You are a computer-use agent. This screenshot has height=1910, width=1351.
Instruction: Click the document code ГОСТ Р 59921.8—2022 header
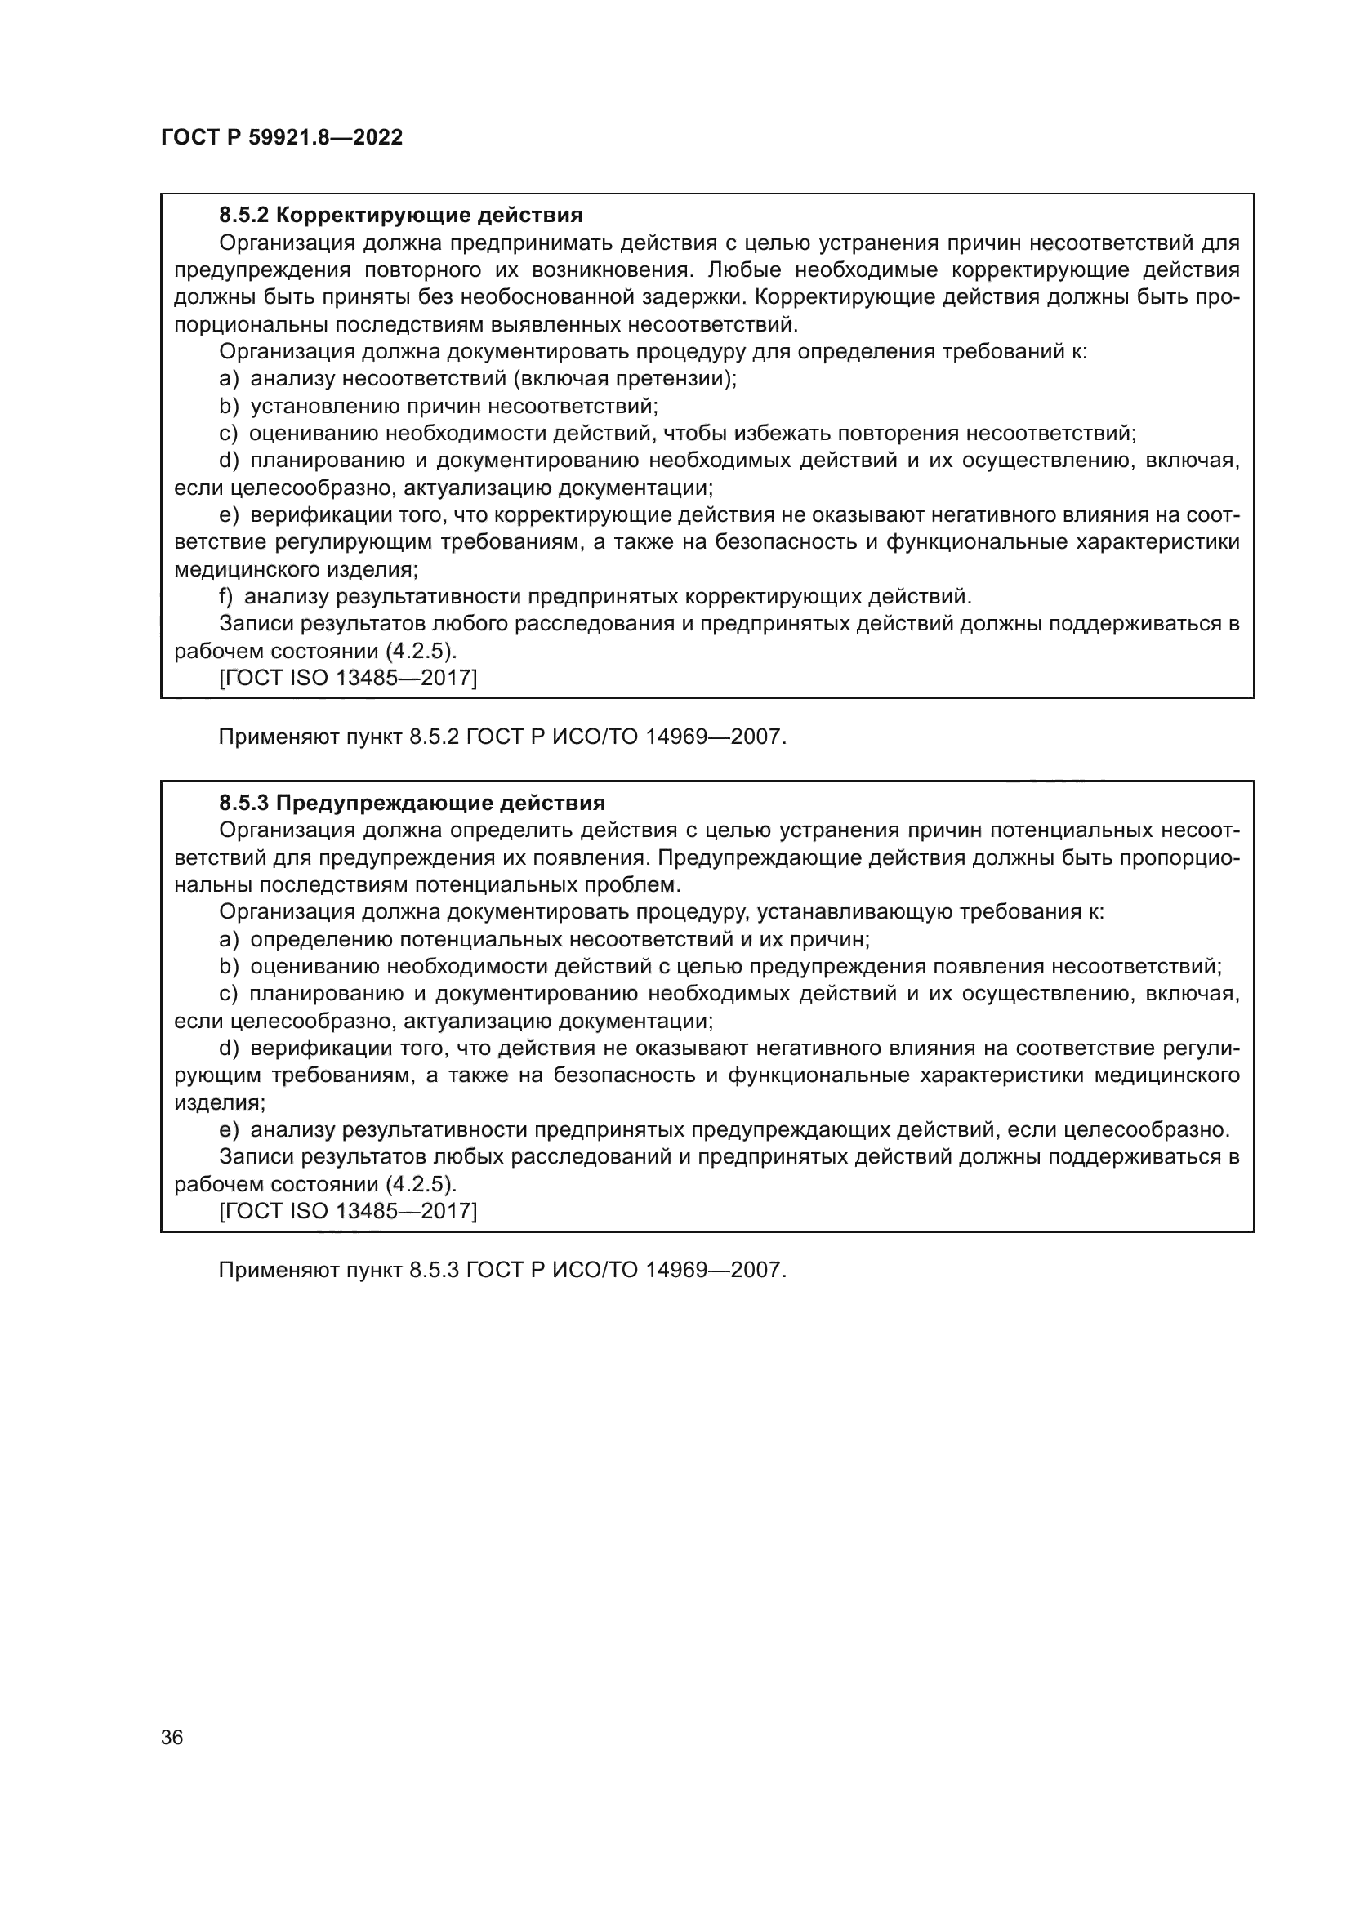[281, 137]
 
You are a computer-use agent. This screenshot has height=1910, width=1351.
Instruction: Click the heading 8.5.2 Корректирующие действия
[400, 216]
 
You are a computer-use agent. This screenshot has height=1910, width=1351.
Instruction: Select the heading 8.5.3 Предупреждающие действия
[412, 803]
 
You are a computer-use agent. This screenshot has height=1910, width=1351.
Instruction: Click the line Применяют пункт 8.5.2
[502, 737]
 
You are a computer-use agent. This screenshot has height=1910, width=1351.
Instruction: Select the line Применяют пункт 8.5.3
[502, 1271]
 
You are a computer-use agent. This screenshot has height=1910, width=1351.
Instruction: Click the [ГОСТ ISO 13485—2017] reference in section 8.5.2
[348, 678]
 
